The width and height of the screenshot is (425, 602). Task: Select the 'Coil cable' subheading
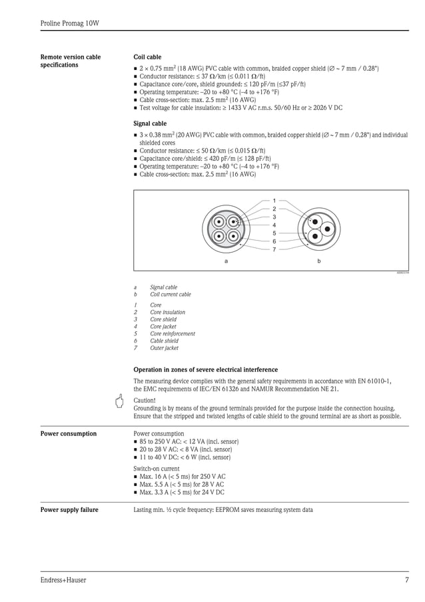(x=147, y=57)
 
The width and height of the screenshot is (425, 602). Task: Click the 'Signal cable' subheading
(x=150, y=123)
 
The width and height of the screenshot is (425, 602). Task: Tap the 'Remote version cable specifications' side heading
(x=71, y=61)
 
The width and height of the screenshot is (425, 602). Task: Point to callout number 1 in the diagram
(x=274, y=201)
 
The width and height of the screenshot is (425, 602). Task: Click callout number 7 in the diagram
(x=274, y=249)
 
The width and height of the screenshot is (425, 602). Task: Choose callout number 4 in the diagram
(x=274, y=225)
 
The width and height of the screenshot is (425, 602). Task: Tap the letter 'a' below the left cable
(x=226, y=261)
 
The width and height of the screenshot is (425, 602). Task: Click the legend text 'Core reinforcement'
(x=173, y=333)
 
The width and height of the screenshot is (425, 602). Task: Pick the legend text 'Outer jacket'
(x=164, y=348)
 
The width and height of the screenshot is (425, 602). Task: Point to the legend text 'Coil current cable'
(x=170, y=294)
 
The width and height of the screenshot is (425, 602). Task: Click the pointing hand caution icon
(x=120, y=401)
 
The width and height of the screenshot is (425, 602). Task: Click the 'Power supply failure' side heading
(x=69, y=510)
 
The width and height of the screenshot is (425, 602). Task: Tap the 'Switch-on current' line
(x=157, y=469)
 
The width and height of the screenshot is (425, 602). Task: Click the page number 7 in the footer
(x=406, y=580)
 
